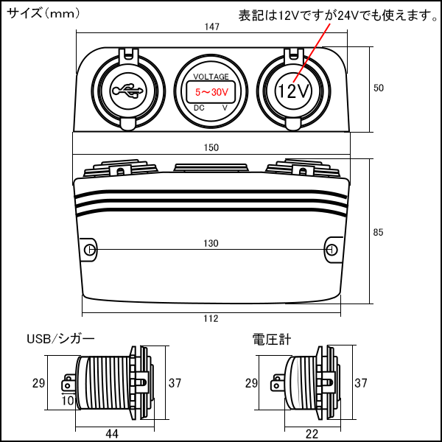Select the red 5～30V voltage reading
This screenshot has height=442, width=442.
pyautogui.click(x=211, y=92)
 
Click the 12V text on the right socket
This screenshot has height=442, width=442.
pyautogui.click(x=294, y=92)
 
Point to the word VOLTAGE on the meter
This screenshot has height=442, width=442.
pyautogui.click(x=211, y=77)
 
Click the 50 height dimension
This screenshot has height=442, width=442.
pyautogui.click(x=379, y=88)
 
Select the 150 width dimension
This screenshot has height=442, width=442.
pyautogui.click(x=211, y=147)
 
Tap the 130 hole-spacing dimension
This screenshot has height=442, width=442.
pyautogui.click(x=211, y=243)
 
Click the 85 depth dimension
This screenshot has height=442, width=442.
pyautogui.click(x=379, y=233)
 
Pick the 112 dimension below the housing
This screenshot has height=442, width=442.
pyautogui.click(x=211, y=318)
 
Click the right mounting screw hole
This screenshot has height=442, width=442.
pyautogui.click(x=331, y=250)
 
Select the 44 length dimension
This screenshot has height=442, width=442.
pyautogui.click(x=112, y=434)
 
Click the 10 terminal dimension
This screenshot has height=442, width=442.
pyautogui.click(x=68, y=401)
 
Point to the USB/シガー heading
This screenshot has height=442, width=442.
pyautogui.click(x=60, y=340)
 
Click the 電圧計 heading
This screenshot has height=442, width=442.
pyautogui.click(x=272, y=340)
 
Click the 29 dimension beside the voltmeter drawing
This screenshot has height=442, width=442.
pyautogui.click(x=251, y=384)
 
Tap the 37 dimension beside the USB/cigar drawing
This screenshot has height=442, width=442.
pyautogui.click(x=175, y=382)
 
